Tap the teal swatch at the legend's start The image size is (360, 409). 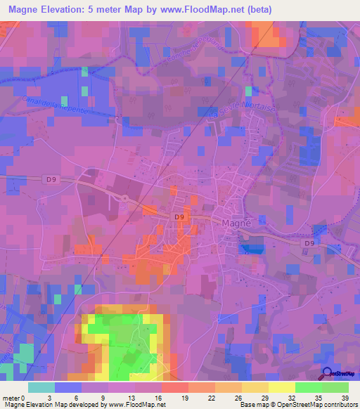tap(41, 387)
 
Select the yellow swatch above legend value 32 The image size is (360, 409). tap(282, 387)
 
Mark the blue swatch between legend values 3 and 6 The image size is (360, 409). tap(68, 387)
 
